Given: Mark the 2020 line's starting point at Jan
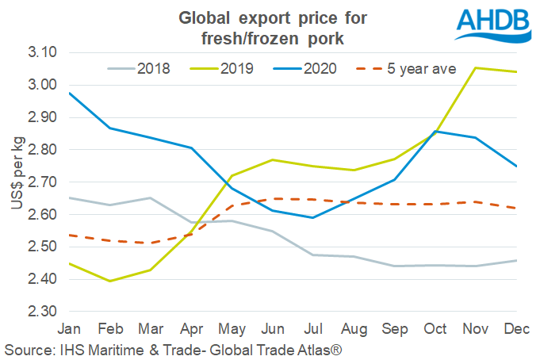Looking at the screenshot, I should tap(69, 93).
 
